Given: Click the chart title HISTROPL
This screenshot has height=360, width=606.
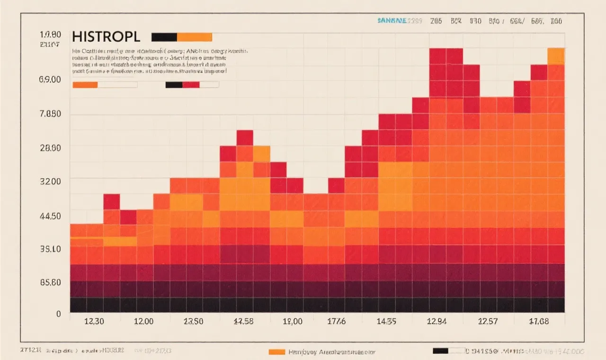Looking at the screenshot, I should point(106,37).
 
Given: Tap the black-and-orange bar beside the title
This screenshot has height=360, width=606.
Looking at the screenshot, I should point(181,37).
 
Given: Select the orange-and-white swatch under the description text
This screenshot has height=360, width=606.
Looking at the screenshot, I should point(105,85).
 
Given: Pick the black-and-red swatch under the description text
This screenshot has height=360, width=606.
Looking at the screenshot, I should point(192,85).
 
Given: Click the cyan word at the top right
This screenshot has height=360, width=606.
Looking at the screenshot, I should point(392,21).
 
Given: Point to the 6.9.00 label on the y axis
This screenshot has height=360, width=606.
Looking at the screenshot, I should point(50,80).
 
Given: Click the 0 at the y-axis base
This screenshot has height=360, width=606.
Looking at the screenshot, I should point(58,314).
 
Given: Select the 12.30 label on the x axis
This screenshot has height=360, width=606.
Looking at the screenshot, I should point(94,321).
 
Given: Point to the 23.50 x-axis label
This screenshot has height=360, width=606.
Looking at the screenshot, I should point(193,321).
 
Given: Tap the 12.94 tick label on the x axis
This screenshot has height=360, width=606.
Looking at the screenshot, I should point(436,321).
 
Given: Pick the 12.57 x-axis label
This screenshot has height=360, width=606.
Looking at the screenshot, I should point(488,321).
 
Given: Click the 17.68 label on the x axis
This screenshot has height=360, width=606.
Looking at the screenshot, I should point(539,321).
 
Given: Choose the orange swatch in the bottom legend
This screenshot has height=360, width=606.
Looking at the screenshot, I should point(276,351).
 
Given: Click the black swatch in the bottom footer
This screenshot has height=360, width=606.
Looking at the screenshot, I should point(440,351).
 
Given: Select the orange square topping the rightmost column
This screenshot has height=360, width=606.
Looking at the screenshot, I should point(556,56).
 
